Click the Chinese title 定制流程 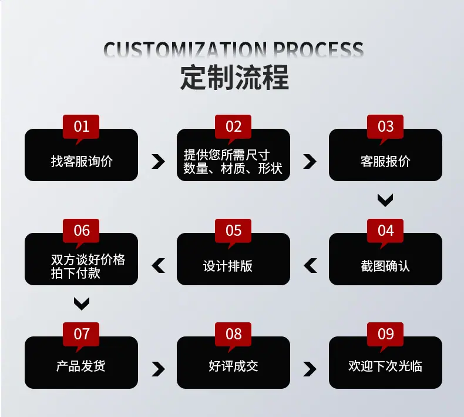(234, 78)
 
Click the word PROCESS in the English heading (318, 49)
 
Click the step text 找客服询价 (82, 162)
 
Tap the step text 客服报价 (385, 162)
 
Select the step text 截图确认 (385, 266)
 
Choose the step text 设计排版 (228, 266)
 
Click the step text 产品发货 (81, 366)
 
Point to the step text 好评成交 (233, 366)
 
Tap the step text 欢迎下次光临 (385, 366)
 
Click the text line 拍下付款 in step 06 (75, 273)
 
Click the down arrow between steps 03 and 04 (385, 201)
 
